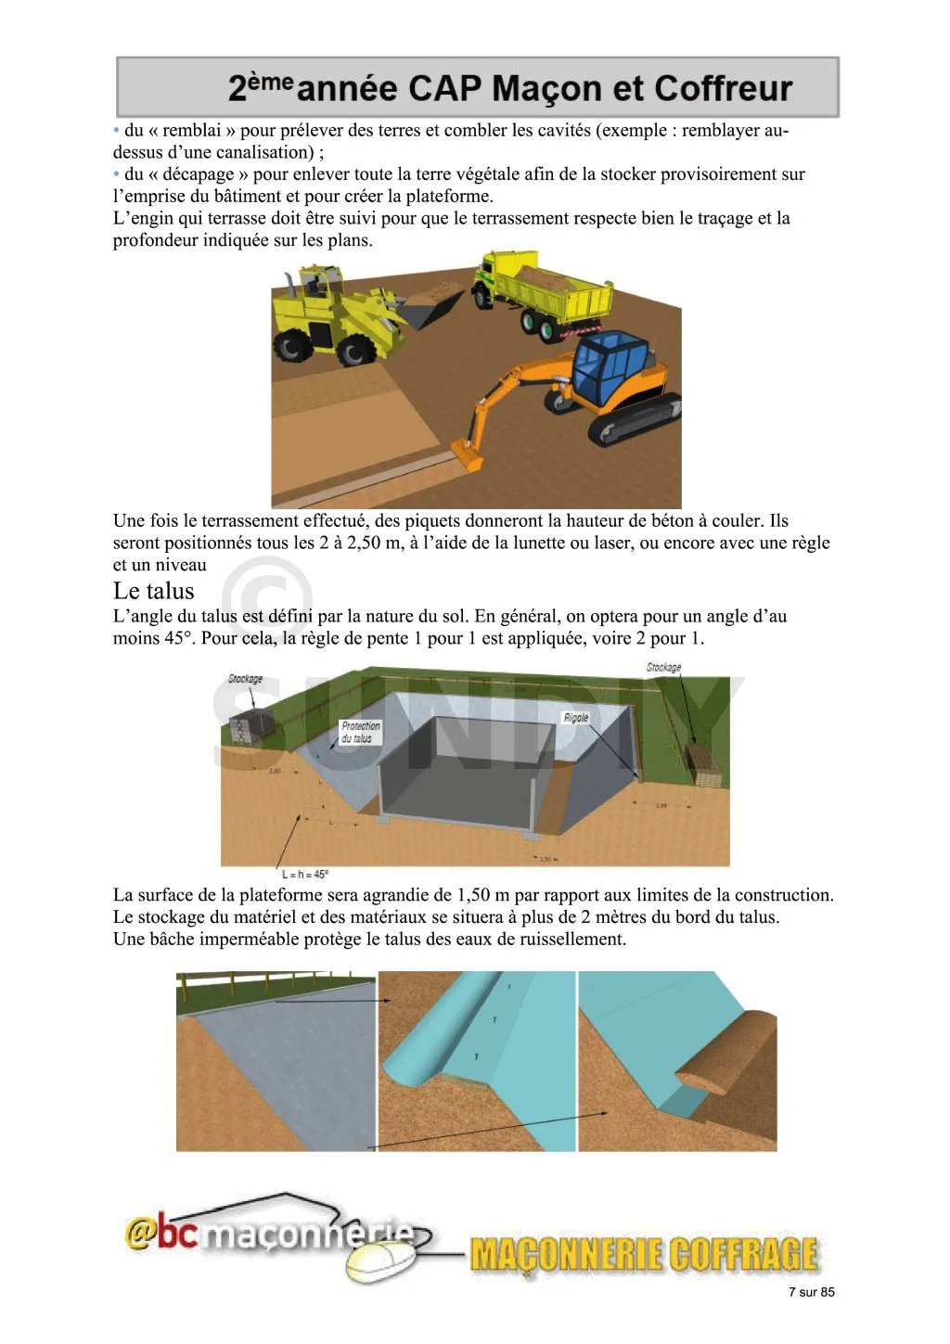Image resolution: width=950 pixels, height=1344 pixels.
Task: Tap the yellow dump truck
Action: [543, 289]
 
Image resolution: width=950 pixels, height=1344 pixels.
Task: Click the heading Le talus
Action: [154, 591]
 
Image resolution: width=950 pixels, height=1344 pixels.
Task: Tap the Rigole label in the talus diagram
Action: [576, 718]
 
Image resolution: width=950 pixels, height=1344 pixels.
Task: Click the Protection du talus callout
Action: [360, 732]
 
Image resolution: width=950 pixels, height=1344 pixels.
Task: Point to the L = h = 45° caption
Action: [305, 874]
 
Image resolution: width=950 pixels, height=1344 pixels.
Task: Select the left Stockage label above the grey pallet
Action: [245, 679]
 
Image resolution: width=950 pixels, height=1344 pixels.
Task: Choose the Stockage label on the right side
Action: [663, 667]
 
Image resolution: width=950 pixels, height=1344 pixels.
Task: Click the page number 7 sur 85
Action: [811, 1292]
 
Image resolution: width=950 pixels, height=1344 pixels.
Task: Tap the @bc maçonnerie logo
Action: [269, 1234]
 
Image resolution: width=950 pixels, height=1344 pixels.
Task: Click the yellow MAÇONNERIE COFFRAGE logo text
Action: [644, 1254]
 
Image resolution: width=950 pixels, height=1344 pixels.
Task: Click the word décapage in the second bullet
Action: [198, 174]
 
